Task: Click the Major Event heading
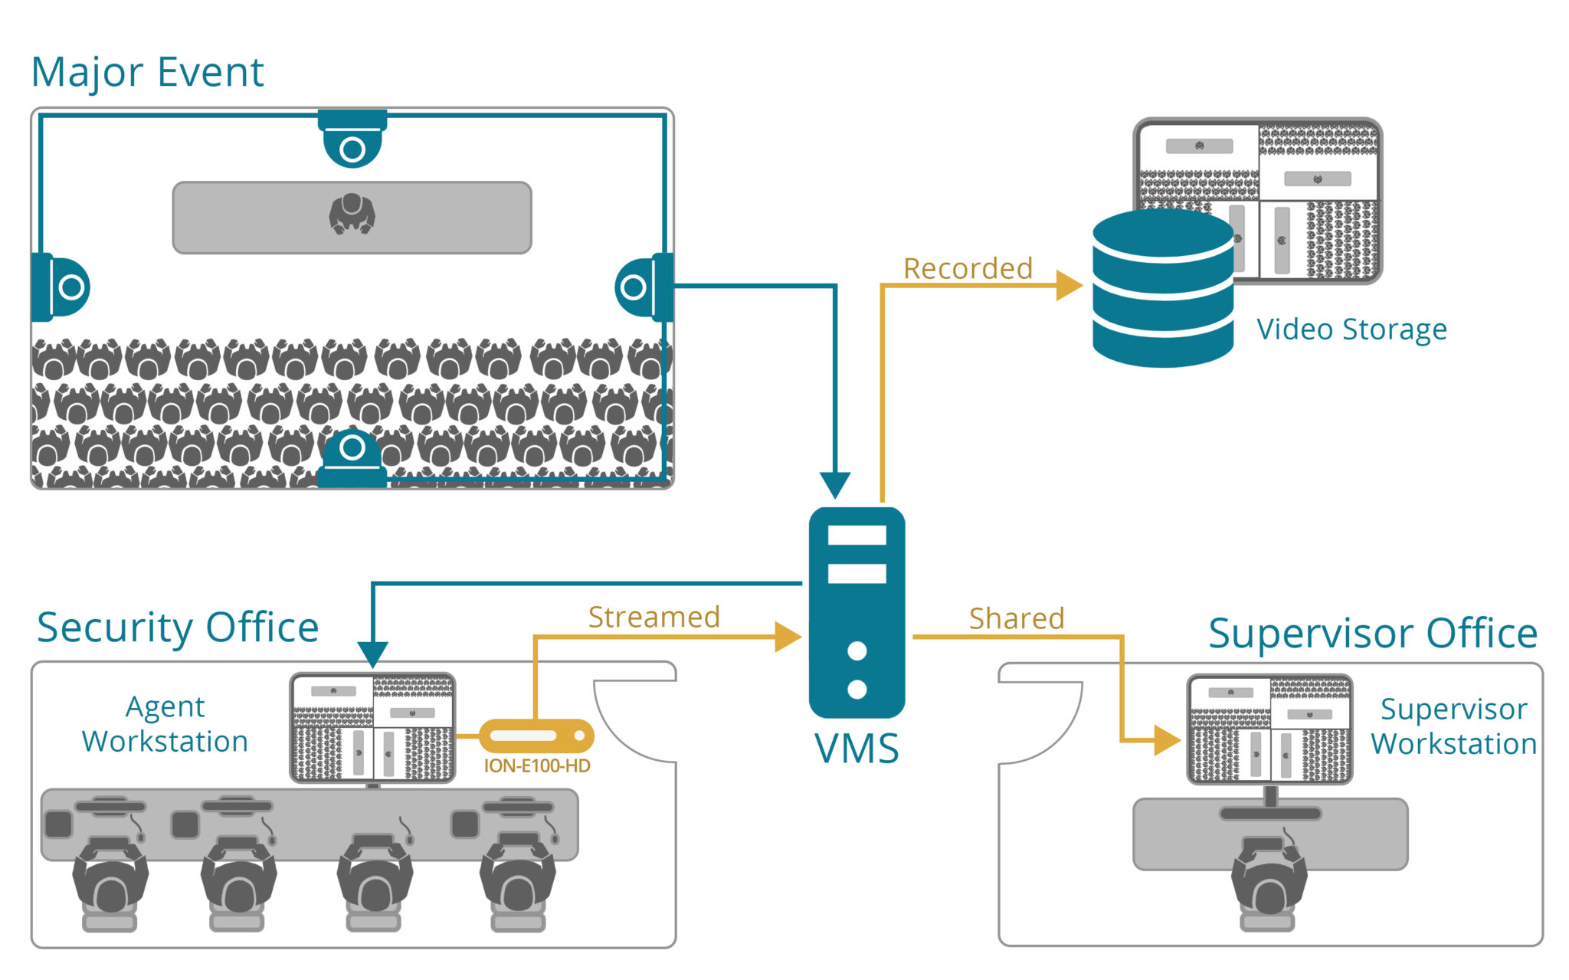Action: [x=147, y=73]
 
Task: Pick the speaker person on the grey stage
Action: [x=352, y=214]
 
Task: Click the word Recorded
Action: [x=968, y=269]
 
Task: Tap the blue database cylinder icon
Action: [x=1162, y=289]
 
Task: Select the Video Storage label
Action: [x=1351, y=329]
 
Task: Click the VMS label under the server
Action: [x=857, y=749]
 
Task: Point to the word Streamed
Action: [x=653, y=618]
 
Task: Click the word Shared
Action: [x=1017, y=619]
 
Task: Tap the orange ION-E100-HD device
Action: [x=536, y=736]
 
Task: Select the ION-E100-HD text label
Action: [x=536, y=766]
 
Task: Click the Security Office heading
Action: [x=178, y=628]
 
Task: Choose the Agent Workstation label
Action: [x=165, y=724]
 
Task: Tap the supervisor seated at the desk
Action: [x=1269, y=881]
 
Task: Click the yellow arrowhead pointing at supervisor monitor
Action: [x=1166, y=740]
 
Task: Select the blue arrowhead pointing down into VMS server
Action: [x=835, y=484]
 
